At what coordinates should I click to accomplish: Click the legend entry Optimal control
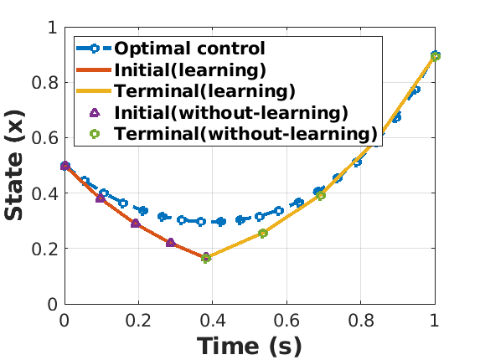(189, 49)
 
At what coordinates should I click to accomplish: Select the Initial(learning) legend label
(190, 70)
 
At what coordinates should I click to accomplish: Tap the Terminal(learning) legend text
(204, 91)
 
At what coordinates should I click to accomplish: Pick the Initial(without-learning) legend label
(231, 112)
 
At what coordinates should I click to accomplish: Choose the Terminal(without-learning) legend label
(245, 134)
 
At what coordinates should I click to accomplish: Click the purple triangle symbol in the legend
(95, 113)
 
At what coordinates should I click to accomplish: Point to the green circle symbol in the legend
(95, 134)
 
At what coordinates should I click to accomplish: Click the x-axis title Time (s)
(249, 347)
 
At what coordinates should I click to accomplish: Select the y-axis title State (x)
(14, 165)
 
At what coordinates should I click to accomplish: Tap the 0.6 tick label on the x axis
(286, 321)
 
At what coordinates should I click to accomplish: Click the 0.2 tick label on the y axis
(44, 249)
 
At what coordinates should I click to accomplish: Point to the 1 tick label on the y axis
(53, 28)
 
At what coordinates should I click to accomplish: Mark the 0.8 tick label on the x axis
(360, 321)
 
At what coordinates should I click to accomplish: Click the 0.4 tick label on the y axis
(44, 193)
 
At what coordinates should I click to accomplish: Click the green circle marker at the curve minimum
(206, 259)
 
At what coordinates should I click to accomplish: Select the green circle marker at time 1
(436, 56)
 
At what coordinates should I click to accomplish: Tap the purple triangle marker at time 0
(65, 166)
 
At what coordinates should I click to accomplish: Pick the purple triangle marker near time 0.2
(136, 224)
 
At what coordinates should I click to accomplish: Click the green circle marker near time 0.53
(263, 234)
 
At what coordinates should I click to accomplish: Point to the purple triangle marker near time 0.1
(100, 198)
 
